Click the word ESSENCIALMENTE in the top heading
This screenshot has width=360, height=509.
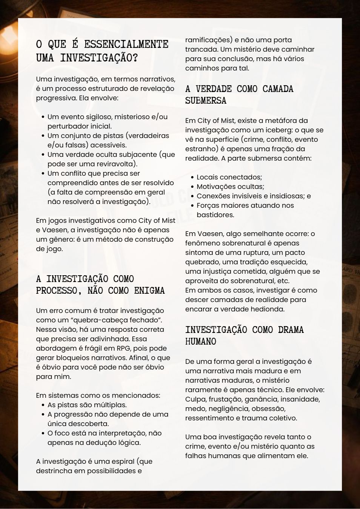tap(126, 44)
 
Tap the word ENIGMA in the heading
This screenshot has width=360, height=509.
tap(149, 291)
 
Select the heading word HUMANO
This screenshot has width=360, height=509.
tap(200, 342)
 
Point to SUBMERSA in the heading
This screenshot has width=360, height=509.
tap(206, 101)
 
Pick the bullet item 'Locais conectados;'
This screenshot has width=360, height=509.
tap(229, 177)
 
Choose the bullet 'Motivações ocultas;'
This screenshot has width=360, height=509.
tap(230, 187)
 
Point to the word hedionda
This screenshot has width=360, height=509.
tap(268, 309)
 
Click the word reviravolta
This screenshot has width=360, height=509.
tap(114, 164)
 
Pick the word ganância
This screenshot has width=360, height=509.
tap(265, 399)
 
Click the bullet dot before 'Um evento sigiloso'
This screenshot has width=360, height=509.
tap(43, 117)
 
